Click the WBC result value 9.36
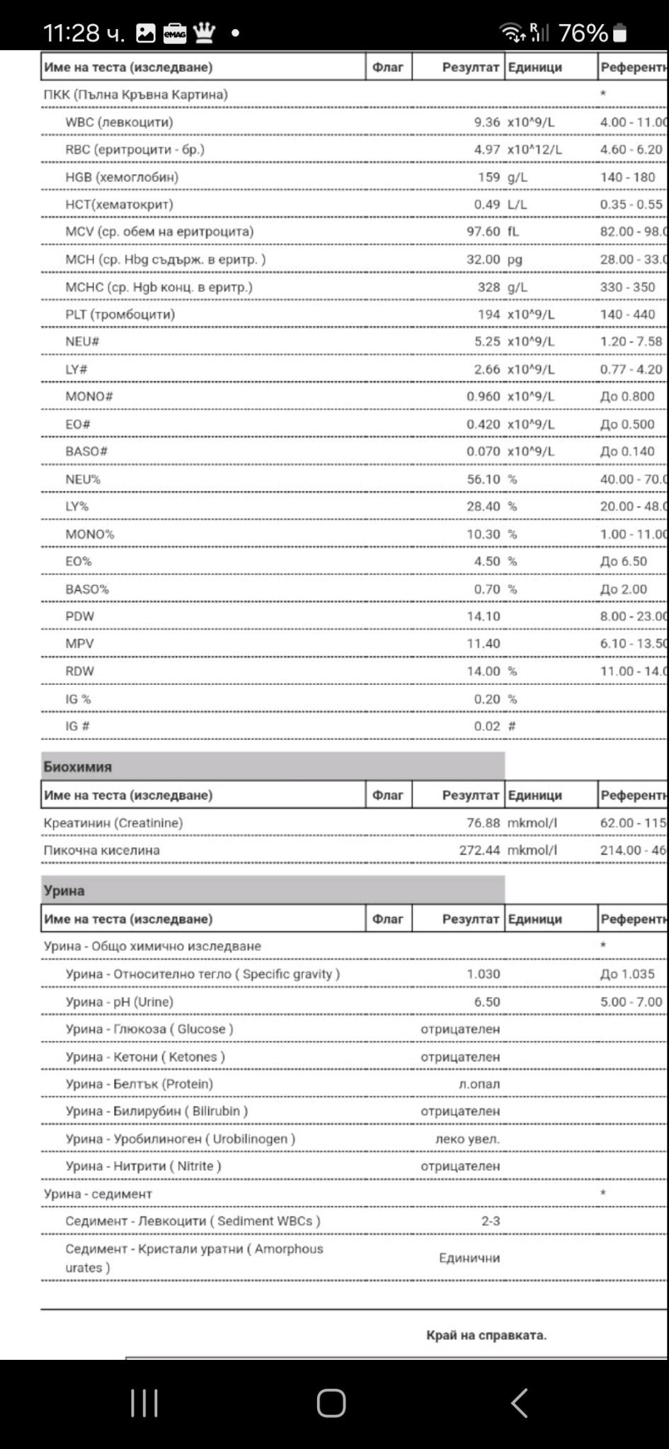pos(486,122)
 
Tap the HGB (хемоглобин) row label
pos(122,177)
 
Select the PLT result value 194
pos(488,314)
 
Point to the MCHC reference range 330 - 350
pos(627,287)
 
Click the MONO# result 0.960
pos(483,396)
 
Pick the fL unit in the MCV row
pos(513,231)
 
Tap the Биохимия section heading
pos(78,766)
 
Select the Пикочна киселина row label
pos(101,850)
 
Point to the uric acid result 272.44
pos(479,850)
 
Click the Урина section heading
pos(64,890)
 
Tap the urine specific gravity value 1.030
pos(483,974)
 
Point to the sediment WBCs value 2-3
pos(491,1221)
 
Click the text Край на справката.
pos(486,1335)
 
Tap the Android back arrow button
pos(519,1402)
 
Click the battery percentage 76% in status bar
pos(583,33)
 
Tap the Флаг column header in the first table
pos(388,67)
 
